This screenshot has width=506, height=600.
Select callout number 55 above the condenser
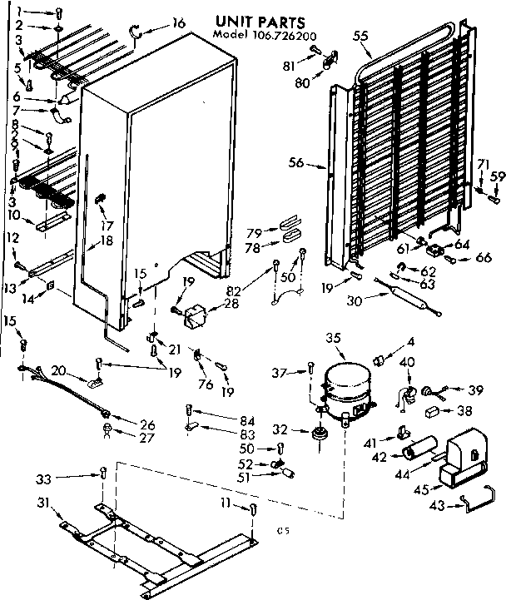pyautogui.click(x=360, y=36)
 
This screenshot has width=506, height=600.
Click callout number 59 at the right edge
pyautogui.click(x=497, y=176)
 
